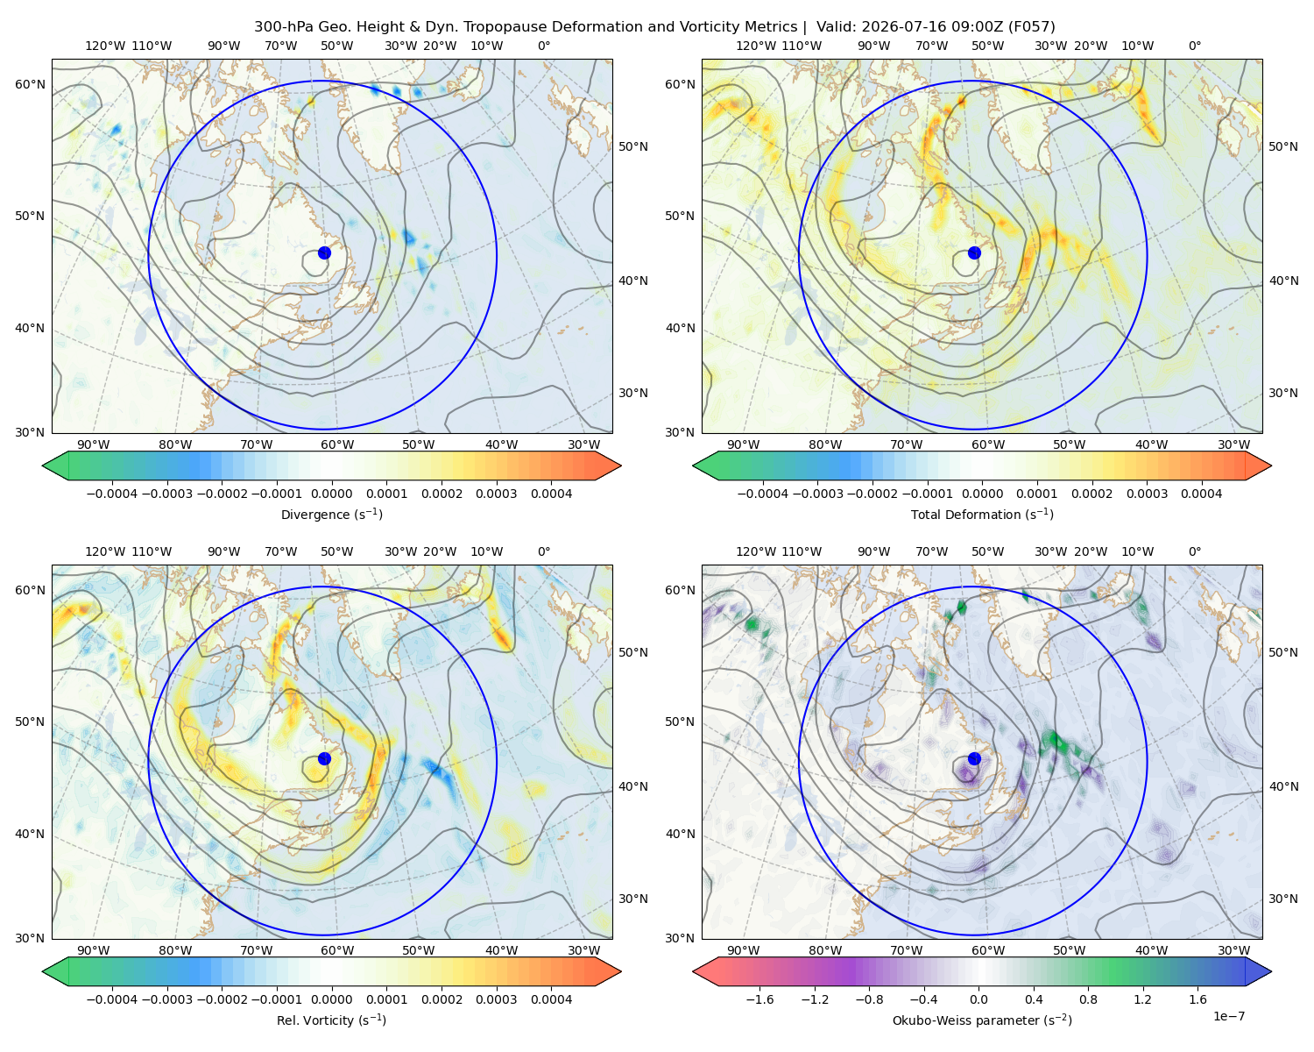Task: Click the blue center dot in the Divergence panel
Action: coord(324,253)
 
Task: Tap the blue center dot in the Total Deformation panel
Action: coord(974,253)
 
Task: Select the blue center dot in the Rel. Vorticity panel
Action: coord(324,758)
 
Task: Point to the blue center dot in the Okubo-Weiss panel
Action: coord(974,758)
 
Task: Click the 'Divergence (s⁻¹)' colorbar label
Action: coord(331,514)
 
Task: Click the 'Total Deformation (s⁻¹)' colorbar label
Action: coord(982,514)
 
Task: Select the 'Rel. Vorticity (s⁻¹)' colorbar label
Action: coord(331,1020)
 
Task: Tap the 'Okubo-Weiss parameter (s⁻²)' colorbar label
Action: coord(982,1020)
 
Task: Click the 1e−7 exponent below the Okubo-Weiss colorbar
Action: coord(1228,1016)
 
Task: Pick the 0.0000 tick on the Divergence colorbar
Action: coord(331,494)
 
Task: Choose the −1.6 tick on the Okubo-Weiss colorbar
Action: coord(759,999)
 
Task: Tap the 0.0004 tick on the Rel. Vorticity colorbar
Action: coord(551,999)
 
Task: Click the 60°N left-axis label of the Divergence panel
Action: coord(30,84)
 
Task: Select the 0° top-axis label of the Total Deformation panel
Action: coord(1194,46)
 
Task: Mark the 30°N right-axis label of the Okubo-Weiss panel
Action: coord(1283,899)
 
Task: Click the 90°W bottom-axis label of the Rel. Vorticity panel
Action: coord(94,950)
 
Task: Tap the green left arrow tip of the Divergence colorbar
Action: coord(43,466)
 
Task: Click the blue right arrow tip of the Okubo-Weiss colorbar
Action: coord(1271,971)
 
